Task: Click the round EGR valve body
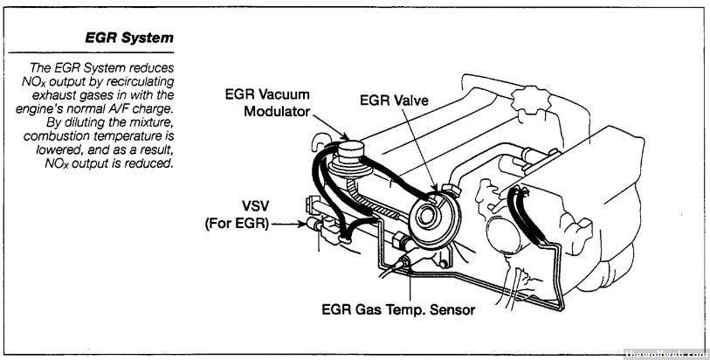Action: click(x=430, y=212)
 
